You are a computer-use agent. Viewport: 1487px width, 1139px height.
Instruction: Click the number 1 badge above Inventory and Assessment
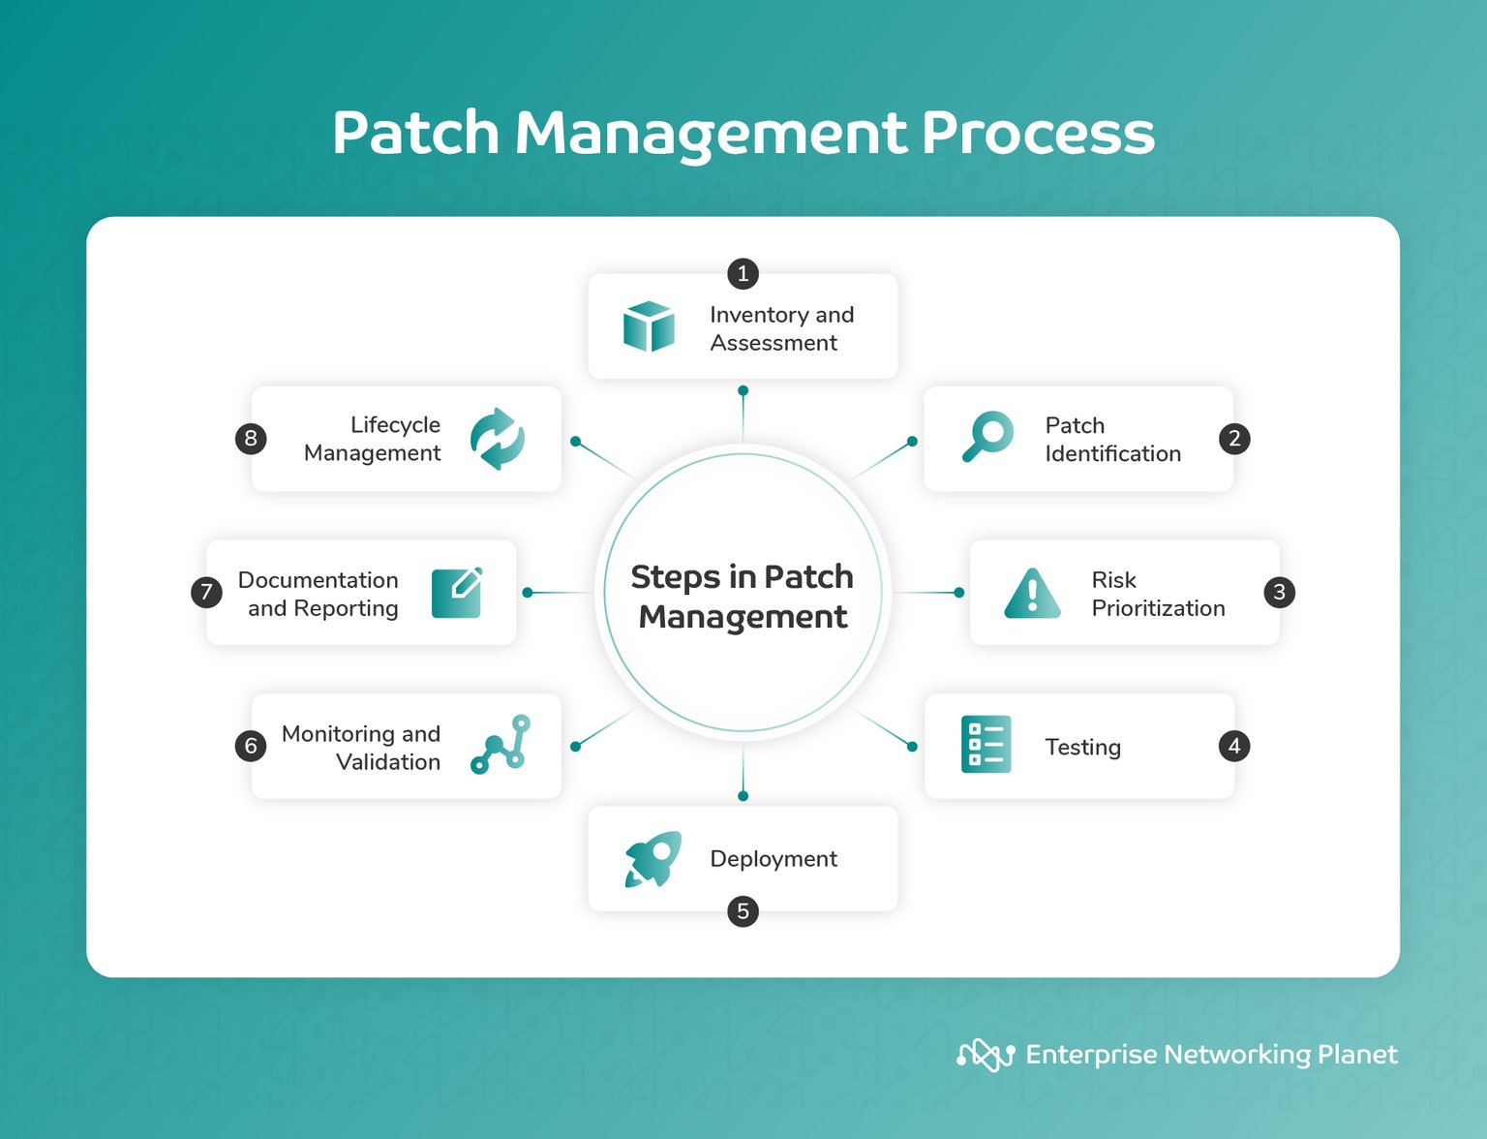(743, 273)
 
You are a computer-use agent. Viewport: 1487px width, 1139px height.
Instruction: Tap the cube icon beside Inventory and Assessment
(649, 326)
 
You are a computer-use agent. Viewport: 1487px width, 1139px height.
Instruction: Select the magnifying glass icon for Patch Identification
(987, 437)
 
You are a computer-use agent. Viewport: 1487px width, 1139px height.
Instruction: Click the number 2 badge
(1234, 439)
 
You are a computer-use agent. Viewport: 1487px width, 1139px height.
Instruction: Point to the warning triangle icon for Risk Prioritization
(1032, 594)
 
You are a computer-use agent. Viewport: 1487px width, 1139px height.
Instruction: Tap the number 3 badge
(1279, 592)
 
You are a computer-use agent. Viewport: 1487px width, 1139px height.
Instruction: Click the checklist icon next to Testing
(986, 745)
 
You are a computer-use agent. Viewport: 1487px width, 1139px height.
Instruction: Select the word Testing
(1082, 747)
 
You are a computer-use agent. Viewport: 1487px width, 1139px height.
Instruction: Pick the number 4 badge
(1233, 746)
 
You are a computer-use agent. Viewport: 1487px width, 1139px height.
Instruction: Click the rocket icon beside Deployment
(652, 859)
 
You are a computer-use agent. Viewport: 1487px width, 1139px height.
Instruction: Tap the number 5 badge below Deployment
(743, 911)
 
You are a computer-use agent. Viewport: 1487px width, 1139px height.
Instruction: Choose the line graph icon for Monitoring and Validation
(501, 745)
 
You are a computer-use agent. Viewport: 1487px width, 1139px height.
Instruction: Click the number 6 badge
(251, 746)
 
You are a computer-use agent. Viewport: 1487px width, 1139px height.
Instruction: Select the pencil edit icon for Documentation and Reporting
(457, 593)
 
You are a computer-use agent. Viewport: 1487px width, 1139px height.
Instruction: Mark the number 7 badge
(206, 592)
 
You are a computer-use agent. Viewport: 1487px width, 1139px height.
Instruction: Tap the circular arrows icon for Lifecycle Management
(498, 439)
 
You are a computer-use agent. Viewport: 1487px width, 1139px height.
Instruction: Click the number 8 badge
(251, 439)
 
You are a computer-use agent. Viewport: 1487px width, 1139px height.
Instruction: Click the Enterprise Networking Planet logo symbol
(985, 1055)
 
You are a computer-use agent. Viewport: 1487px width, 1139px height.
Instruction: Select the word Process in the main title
(1037, 133)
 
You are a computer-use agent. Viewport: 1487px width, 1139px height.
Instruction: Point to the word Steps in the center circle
(675, 577)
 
